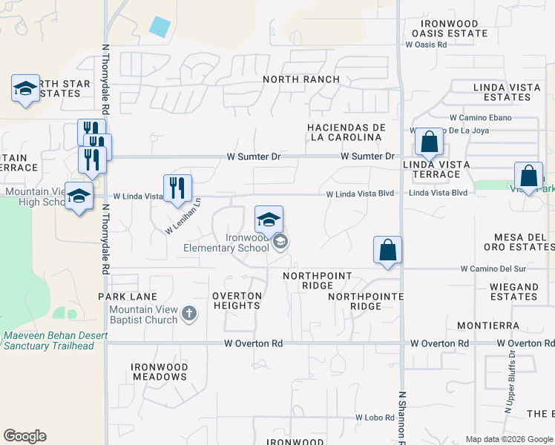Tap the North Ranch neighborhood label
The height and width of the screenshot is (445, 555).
click(x=301, y=79)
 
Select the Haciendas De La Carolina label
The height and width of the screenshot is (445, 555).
click(x=345, y=132)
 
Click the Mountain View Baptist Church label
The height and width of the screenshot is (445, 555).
click(x=143, y=314)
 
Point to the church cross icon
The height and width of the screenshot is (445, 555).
click(x=189, y=314)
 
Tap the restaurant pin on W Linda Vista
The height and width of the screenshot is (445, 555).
click(x=177, y=189)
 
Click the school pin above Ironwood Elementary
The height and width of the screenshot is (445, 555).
click(x=269, y=220)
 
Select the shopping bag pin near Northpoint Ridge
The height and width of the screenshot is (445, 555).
click(x=388, y=251)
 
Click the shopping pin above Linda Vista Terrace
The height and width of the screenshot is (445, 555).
click(x=429, y=142)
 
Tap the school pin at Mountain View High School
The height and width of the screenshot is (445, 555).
click(x=79, y=197)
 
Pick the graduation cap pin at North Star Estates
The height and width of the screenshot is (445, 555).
click(x=26, y=90)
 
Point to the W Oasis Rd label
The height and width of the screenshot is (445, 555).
click(x=426, y=44)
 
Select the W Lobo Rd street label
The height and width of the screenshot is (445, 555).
click(x=375, y=418)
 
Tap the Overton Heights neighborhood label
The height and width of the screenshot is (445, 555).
click(x=237, y=300)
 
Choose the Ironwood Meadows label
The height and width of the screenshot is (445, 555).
click(x=159, y=372)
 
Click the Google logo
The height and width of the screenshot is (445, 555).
click(x=24, y=436)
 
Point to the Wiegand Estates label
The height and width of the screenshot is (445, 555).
click(x=513, y=291)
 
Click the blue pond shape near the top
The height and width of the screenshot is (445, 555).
click(x=160, y=27)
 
